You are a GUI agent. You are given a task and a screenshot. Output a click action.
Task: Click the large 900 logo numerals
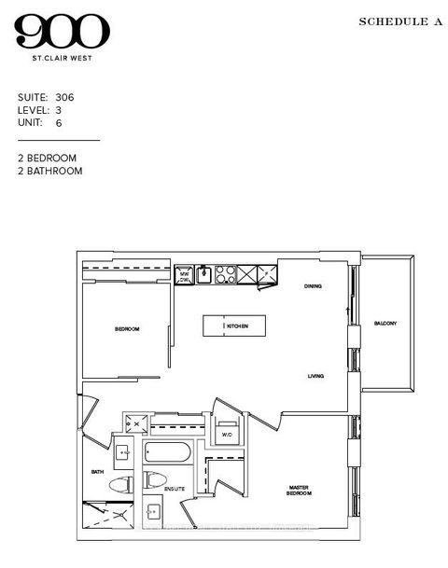(x=62, y=35)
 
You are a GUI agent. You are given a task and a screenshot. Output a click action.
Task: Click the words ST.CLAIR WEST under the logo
(x=62, y=63)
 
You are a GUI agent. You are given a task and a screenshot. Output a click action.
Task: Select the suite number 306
(x=64, y=97)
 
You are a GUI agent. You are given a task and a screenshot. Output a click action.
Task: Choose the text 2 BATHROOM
(x=50, y=172)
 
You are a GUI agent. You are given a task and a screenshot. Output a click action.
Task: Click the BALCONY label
(x=385, y=324)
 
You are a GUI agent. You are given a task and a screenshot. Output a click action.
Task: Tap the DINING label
(x=313, y=286)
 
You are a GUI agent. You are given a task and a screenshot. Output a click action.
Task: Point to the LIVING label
(x=316, y=376)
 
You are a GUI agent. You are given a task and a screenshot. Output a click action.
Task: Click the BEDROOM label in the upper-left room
(x=126, y=329)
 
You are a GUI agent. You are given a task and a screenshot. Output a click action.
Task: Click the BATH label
(x=96, y=472)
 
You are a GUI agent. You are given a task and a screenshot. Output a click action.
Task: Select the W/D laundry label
(x=227, y=435)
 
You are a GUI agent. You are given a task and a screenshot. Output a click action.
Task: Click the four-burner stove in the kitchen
(x=226, y=273)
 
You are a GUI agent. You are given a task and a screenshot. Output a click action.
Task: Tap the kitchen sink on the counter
(x=203, y=274)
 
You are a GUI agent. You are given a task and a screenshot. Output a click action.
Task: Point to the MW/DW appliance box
(x=185, y=274)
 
